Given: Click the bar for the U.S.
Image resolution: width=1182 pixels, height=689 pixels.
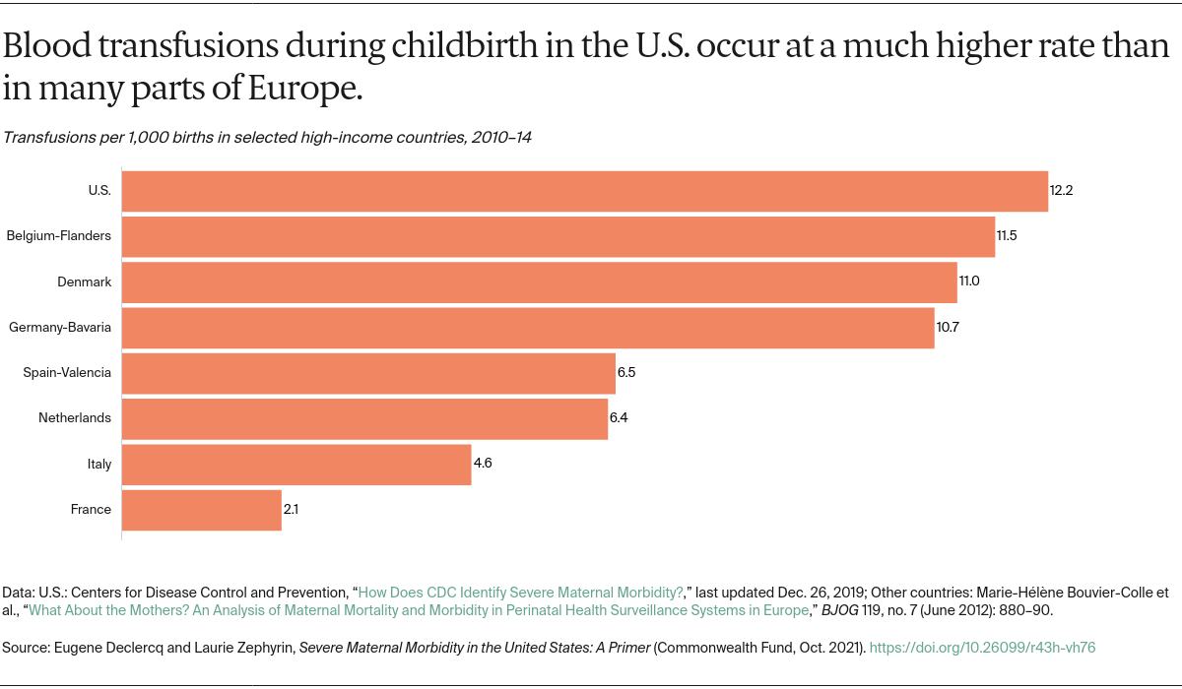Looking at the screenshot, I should click(584, 191).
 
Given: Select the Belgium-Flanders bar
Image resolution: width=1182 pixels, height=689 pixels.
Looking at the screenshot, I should click(558, 236).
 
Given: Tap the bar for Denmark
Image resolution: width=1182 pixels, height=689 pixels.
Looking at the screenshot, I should click(539, 282).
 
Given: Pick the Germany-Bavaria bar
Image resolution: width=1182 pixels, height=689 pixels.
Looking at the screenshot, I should click(527, 328).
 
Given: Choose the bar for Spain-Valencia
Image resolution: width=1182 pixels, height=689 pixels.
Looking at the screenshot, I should click(368, 373).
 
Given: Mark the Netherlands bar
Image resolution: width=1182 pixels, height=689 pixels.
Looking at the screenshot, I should click(364, 418).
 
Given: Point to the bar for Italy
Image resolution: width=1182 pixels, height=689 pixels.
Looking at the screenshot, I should click(295, 464).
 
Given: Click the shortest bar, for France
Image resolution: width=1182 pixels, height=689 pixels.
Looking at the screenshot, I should click(201, 510).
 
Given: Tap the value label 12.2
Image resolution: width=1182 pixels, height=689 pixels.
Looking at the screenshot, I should click(1061, 191).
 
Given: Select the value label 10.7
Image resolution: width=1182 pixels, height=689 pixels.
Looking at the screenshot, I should click(948, 328).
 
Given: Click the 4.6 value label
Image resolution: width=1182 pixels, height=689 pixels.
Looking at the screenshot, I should click(483, 464).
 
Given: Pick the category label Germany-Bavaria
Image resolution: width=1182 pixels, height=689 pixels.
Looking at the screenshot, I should click(59, 328).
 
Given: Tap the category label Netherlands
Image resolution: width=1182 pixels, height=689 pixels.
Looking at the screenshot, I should click(75, 418).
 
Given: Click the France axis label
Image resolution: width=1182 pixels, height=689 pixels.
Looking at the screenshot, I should click(91, 510).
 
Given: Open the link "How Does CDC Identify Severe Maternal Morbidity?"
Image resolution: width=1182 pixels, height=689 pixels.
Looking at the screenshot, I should click(521, 593).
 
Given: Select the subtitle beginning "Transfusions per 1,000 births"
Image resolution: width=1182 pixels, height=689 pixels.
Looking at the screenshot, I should click(267, 138).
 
